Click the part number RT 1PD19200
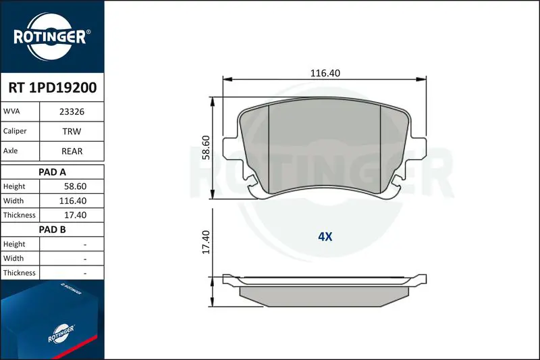click(53, 88)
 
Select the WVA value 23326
click(72, 111)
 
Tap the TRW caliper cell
click(72, 131)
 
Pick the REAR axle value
click(72, 151)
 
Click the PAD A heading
click(52, 172)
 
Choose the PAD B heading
click(52, 230)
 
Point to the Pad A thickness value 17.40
click(75, 215)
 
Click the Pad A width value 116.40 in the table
click(73, 201)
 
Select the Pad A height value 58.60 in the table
click(75, 186)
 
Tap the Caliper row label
click(15, 131)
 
